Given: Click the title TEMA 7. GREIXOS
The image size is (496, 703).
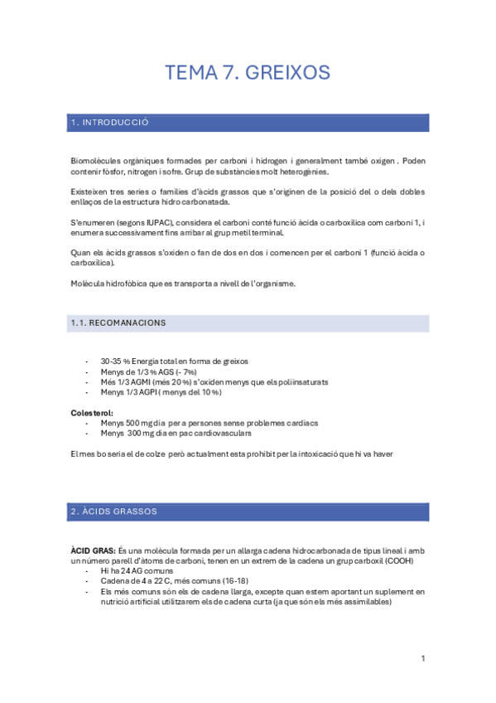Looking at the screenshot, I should pyautogui.click(x=248, y=73).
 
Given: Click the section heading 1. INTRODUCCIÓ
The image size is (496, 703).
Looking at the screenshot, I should pyautogui.click(x=109, y=123).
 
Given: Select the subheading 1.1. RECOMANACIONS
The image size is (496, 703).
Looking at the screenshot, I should pyautogui.click(x=118, y=322).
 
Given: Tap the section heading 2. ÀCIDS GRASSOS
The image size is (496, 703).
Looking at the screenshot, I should pyautogui.click(x=114, y=511).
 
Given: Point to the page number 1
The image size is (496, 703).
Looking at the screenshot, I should pyautogui.click(x=422, y=658).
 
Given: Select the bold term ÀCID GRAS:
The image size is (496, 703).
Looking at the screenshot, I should pyautogui.click(x=93, y=550).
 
